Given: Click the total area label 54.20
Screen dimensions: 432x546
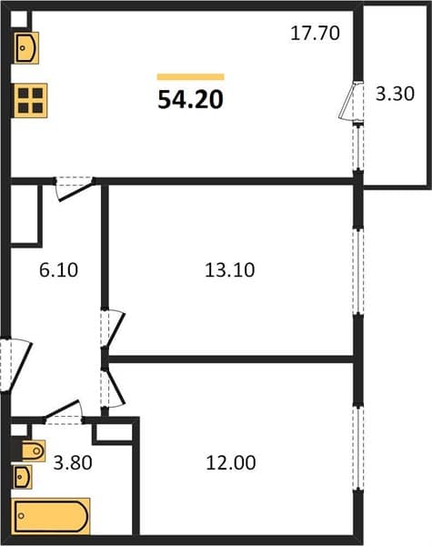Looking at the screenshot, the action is point(190,99).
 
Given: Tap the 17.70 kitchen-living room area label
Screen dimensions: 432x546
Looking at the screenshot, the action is point(315,33).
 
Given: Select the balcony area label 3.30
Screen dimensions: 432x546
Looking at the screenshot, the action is point(395,94).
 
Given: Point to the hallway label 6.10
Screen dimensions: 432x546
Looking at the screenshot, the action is point(58,270).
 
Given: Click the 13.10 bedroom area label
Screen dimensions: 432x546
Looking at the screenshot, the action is point(230,270).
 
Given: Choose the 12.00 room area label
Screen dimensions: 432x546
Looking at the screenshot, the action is point(231,463).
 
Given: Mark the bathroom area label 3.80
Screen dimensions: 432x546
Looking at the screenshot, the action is point(73,463).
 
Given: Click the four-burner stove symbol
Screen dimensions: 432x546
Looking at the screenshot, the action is point(31,101).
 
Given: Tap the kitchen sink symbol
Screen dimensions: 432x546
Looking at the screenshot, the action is point(26,47).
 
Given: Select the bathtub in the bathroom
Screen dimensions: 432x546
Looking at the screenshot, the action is point(51,516).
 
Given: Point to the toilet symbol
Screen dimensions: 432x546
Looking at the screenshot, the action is point(34,451).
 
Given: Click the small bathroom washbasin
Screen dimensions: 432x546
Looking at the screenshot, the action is point(23,476).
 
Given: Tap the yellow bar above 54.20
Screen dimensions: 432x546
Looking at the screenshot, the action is point(190,77).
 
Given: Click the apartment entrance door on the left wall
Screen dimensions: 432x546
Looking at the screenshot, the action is point(15,364).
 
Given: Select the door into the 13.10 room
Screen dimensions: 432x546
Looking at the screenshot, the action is point(113,328).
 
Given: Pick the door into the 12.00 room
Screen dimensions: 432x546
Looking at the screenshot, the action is point(113,388).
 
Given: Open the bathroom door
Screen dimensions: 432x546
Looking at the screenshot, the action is point(64,412).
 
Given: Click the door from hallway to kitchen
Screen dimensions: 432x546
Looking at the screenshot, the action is point(75,188).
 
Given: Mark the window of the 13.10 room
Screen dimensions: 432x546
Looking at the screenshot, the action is point(358,271).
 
